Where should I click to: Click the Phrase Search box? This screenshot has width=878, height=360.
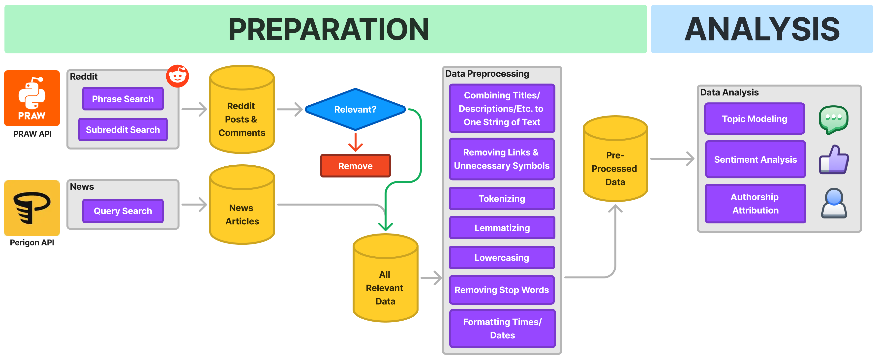coord(123,99)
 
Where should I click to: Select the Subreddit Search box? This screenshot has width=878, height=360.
coord(123,129)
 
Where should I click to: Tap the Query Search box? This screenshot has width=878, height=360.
coord(123,211)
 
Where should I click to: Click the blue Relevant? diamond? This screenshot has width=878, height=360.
coord(355,109)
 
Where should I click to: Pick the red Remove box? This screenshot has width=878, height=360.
coord(355,166)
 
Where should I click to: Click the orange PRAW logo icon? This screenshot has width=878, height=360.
coord(32,98)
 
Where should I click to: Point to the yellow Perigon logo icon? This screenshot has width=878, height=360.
coord(32,208)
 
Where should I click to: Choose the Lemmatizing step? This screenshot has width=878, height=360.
coord(502,228)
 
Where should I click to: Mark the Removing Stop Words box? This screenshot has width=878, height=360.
coord(502,290)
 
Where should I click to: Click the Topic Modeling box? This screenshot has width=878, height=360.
coord(755,119)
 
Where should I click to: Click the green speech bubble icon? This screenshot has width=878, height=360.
coord(833,119)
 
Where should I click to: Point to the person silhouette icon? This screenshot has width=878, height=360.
coord(834,203)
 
